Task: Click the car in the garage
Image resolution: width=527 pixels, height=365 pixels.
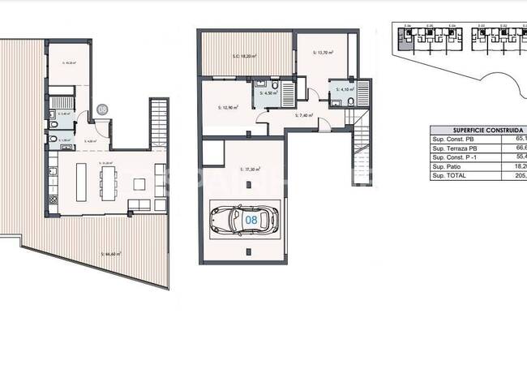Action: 243,219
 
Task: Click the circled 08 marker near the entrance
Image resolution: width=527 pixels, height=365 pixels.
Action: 102,108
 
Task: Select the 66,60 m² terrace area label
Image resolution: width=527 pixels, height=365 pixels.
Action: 111,254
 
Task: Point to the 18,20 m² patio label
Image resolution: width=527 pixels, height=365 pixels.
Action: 244,56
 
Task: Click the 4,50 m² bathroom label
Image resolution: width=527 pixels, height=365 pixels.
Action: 268,94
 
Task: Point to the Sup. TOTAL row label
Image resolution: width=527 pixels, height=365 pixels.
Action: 449,175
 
